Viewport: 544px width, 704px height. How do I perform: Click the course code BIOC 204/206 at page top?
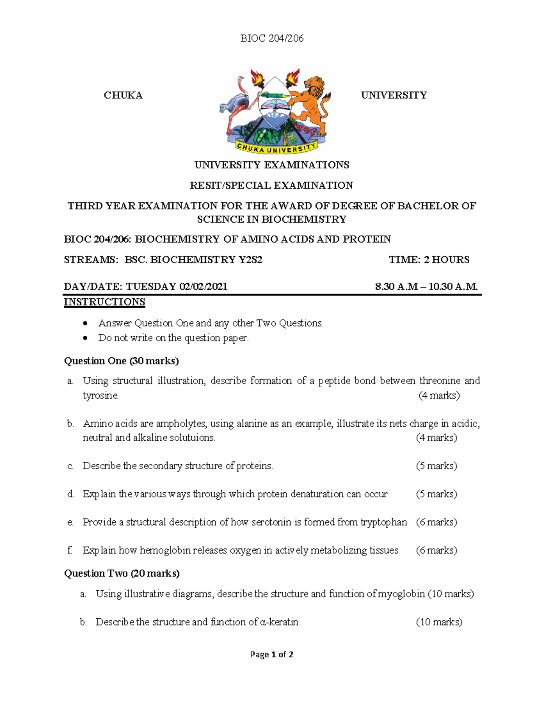point(272,39)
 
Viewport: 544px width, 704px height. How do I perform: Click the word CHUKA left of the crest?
point(123,95)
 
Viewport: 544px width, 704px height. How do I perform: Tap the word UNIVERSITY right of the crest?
point(393,95)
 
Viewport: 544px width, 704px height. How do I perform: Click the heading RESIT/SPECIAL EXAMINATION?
point(271,185)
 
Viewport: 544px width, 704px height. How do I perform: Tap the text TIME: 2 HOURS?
point(429,260)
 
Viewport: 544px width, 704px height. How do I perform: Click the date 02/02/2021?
point(203,286)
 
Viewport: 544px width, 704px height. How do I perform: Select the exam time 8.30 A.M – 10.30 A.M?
point(426,286)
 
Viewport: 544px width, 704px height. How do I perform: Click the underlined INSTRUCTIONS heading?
point(104,302)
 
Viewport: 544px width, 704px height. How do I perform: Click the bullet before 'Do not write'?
point(85,338)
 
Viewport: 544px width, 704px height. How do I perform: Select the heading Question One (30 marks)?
point(121,361)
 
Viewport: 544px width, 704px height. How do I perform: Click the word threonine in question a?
point(440,381)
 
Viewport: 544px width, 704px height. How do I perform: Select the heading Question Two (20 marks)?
point(121,573)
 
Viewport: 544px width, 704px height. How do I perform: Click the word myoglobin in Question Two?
point(401,594)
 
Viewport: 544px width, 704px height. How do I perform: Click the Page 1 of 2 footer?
point(272,655)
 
